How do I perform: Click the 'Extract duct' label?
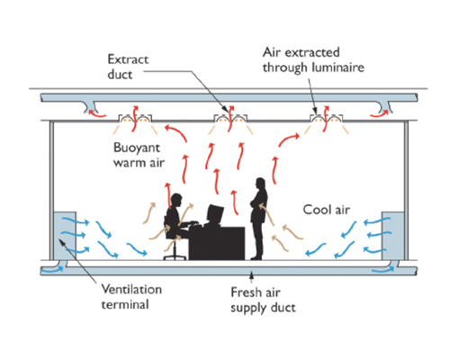click(x=128, y=67)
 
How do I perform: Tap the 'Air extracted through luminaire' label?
click(x=313, y=60)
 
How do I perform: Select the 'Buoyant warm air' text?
click(x=139, y=155)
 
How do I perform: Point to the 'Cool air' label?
click(x=327, y=210)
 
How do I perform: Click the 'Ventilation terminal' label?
click(x=131, y=297)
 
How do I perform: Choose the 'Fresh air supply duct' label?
click(x=263, y=300)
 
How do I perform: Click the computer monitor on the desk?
click(x=215, y=214)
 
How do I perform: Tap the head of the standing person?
click(x=260, y=183)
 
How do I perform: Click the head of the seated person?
click(x=176, y=200)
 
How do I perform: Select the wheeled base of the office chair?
click(x=175, y=256)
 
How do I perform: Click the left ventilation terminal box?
click(x=65, y=236)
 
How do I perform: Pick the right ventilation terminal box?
click(x=392, y=236)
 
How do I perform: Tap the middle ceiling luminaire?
click(x=230, y=119)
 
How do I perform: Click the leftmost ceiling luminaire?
click(x=135, y=119)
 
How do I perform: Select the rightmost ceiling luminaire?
click(x=327, y=119)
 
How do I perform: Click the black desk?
click(x=217, y=243)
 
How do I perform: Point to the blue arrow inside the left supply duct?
click(x=52, y=269)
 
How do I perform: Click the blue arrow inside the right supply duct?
click(x=383, y=270)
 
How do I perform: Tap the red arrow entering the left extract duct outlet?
click(x=96, y=114)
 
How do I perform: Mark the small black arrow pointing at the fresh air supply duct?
click(x=251, y=277)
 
